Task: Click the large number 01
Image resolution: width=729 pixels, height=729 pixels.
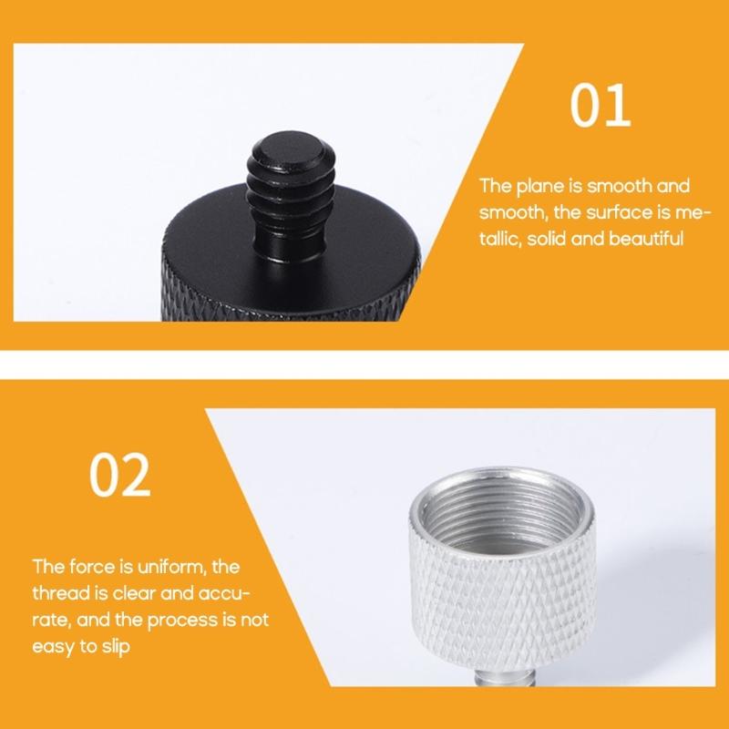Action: click(x=601, y=108)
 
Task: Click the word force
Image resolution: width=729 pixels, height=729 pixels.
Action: click(x=92, y=567)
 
